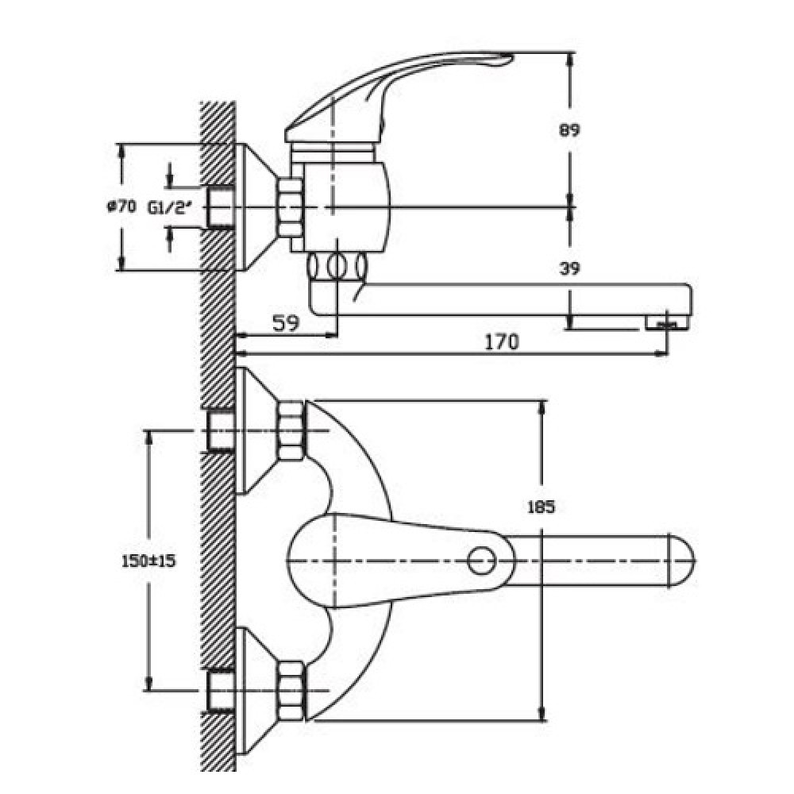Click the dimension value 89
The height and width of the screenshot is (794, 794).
[x=569, y=131]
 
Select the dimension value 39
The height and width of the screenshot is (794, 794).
[x=569, y=268]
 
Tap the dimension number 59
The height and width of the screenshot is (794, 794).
[x=285, y=322]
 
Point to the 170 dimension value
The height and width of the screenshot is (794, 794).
[x=502, y=342]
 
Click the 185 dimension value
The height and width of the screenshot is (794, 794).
[x=541, y=507]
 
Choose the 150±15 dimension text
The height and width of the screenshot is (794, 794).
[x=148, y=561]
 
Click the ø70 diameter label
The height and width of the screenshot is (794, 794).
[x=122, y=206]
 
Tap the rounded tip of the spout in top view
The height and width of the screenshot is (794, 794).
[x=683, y=561]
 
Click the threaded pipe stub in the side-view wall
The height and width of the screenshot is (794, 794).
[x=221, y=207]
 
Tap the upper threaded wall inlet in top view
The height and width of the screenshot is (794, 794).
[x=221, y=431]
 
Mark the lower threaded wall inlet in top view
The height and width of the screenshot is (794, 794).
[x=221, y=691]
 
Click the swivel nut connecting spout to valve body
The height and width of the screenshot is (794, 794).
[x=337, y=265]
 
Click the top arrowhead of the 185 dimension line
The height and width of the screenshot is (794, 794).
[x=542, y=407]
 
